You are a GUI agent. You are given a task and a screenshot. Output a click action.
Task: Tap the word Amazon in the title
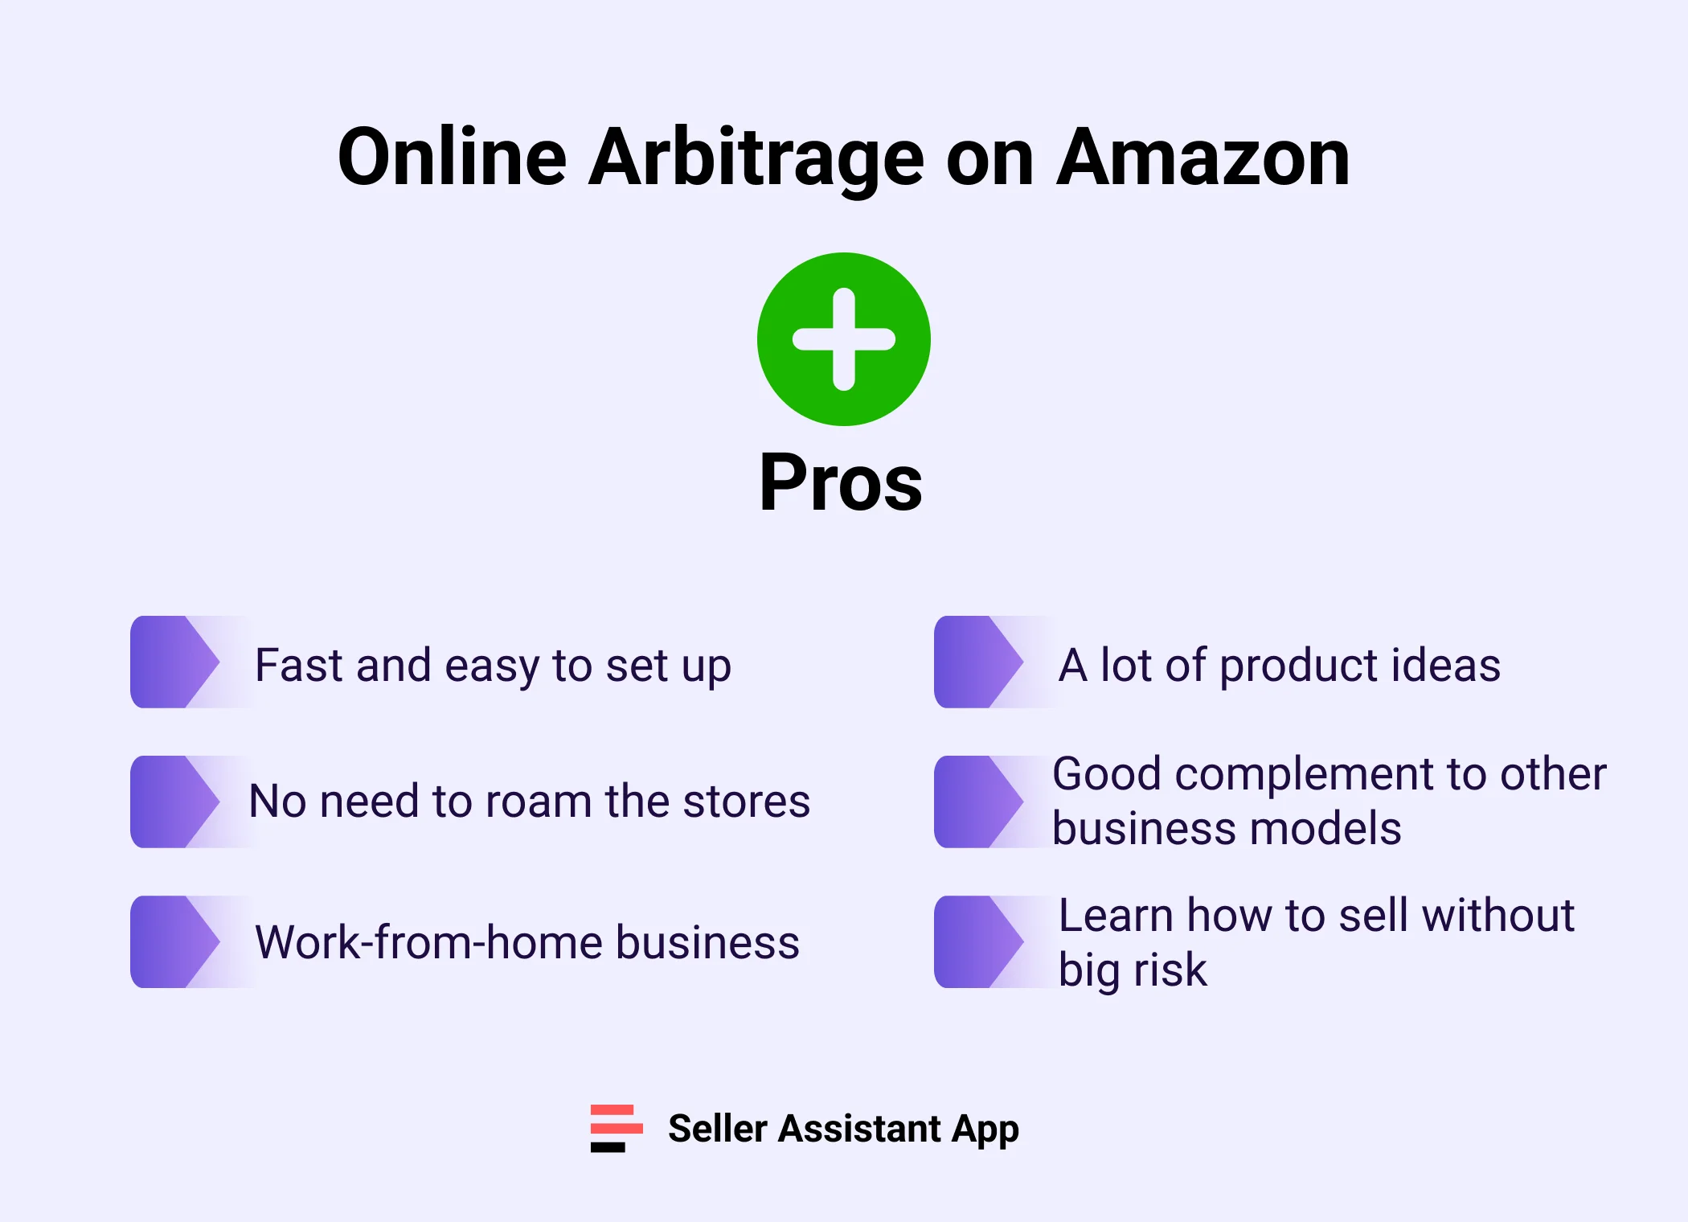pyautogui.click(x=1202, y=158)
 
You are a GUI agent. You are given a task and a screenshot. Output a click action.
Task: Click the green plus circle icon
pyautogui.click(x=843, y=339)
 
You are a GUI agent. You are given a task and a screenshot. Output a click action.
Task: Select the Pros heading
pyautogui.click(x=841, y=482)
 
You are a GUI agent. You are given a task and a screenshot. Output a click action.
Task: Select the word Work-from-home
pyautogui.click(x=428, y=942)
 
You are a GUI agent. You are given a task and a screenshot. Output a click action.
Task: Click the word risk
pyautogui.click(x=1170, y=970)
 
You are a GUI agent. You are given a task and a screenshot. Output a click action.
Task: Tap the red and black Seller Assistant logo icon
pyautogui.click(x=617, y=1128)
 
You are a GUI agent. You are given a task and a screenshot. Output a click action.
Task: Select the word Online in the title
pyautogui.click(x=453, y=158)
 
